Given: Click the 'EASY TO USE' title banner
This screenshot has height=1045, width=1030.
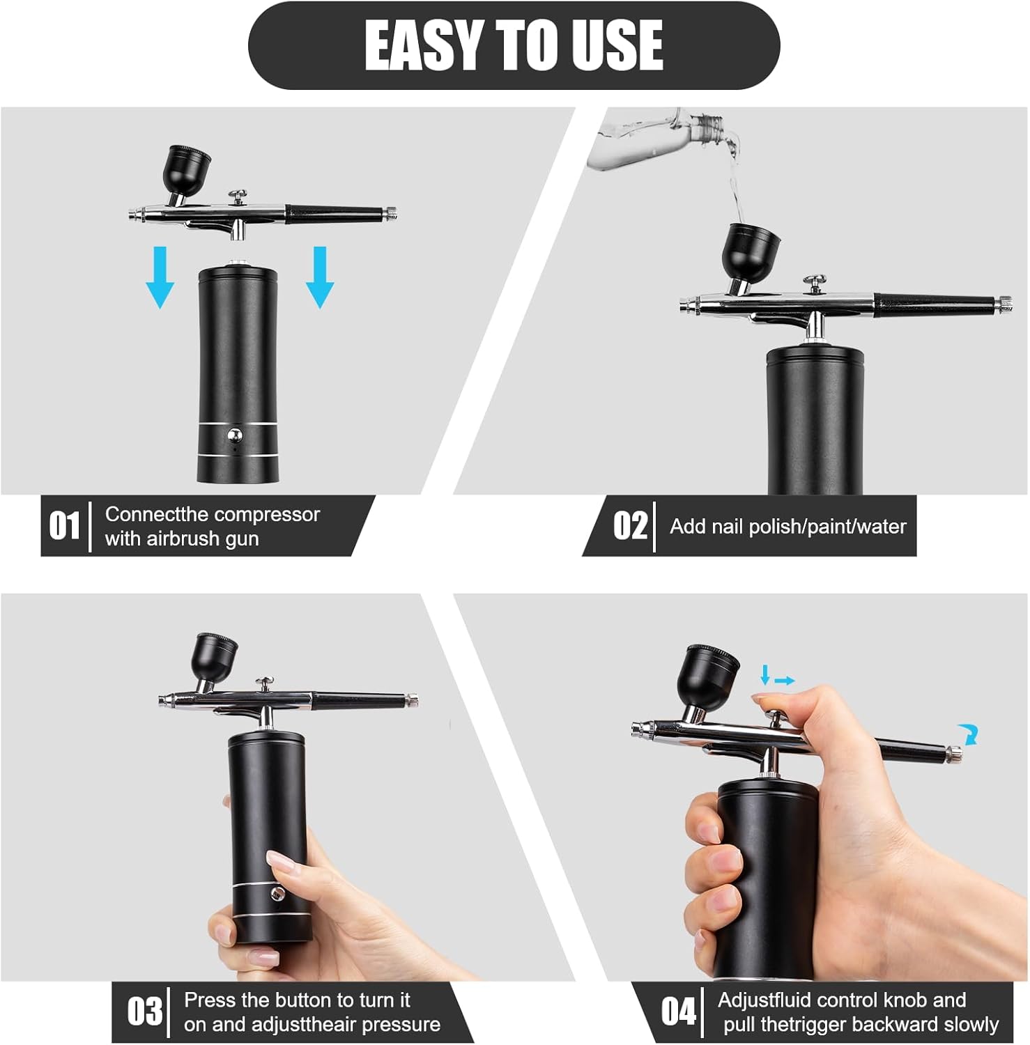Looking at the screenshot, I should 514,45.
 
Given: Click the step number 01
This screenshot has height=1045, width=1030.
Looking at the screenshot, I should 64,526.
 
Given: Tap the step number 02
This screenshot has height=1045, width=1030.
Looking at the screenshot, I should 630,526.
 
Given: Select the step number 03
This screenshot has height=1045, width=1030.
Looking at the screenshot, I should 144,1012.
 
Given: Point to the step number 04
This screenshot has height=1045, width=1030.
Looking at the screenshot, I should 678,1012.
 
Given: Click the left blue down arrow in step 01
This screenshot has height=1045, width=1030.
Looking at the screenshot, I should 160,277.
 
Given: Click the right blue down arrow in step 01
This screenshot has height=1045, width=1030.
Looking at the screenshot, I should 320,277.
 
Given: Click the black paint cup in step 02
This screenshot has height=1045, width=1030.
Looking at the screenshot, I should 750,249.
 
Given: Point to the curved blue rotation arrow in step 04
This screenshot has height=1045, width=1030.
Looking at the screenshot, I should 968,734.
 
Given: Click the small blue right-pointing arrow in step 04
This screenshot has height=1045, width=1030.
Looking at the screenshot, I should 785,681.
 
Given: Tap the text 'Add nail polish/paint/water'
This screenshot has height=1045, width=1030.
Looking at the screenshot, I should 787,527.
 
